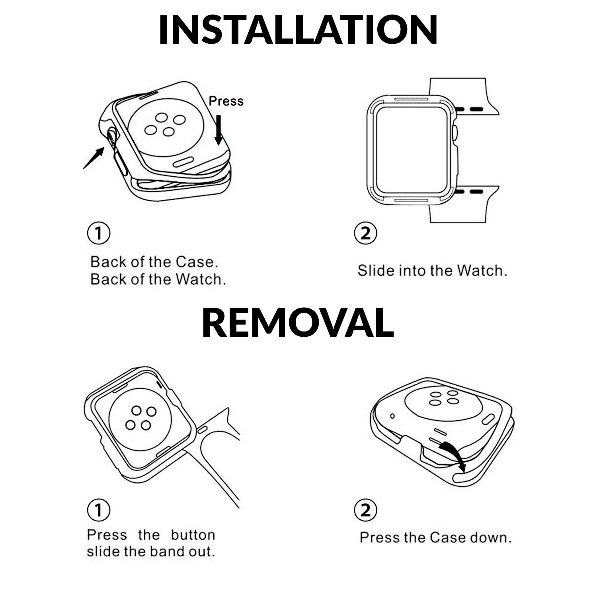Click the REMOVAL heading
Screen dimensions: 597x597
click(298, 322)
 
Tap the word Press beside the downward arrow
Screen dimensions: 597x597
click(226, 101)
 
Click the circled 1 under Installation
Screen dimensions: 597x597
click(98, 234)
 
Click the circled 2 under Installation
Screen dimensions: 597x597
click(365, 234)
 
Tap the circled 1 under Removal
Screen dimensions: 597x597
click(98, 510)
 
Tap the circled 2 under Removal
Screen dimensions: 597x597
click(365, 510)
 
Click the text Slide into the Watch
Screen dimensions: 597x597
click(433, 271)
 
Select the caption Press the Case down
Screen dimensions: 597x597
click(435, 538)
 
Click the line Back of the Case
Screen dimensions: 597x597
click(154, 262)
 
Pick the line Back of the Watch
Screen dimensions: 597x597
click(158, 279)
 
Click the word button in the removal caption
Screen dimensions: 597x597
click(193, 535)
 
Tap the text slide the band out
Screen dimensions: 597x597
click(151, 552)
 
